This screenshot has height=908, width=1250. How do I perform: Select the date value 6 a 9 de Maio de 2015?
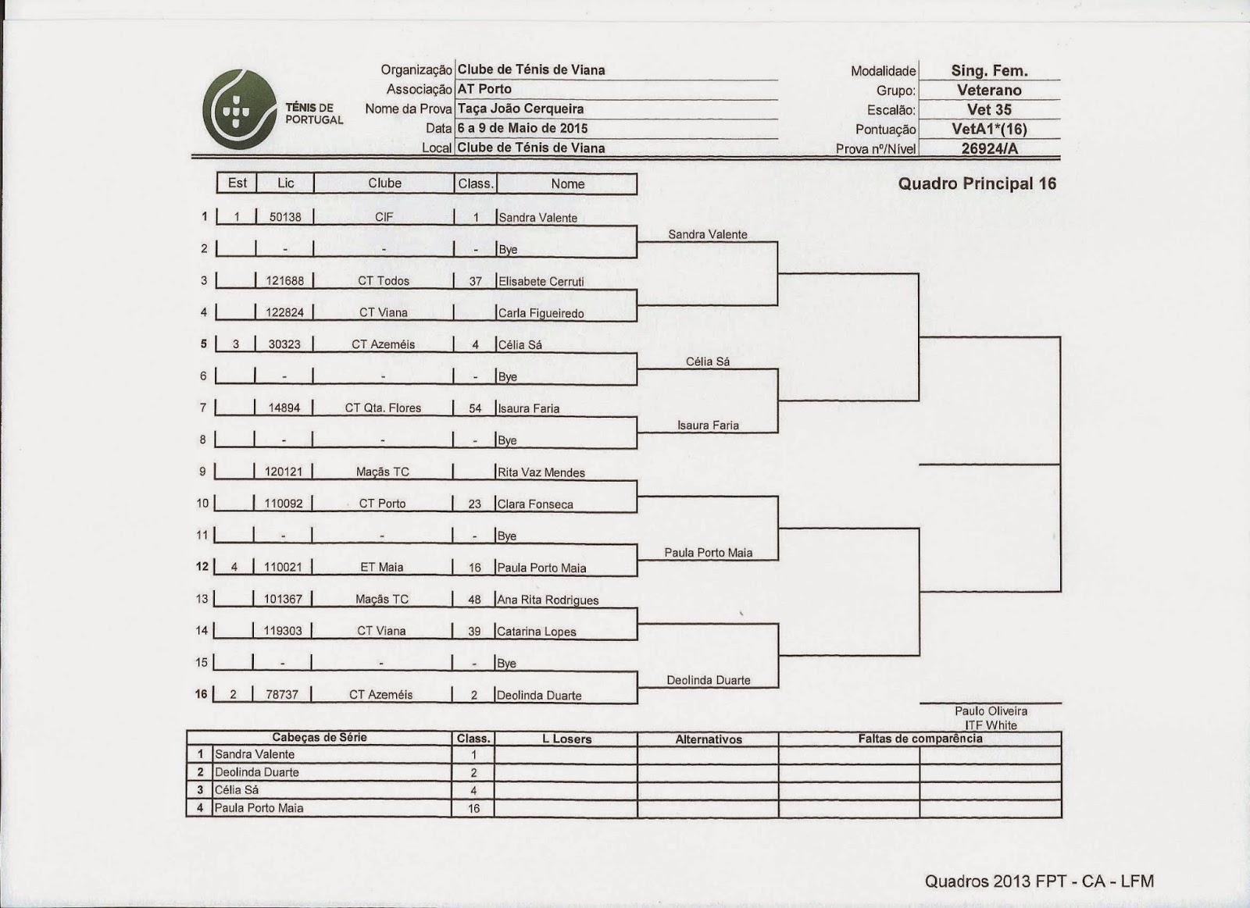(523, 128)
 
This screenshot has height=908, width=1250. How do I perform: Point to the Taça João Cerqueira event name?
(520, 109)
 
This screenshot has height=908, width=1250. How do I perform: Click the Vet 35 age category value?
(989, 109)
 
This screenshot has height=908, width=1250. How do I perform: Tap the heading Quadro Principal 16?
(977, 183)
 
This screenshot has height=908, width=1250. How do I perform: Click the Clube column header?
(384, 183)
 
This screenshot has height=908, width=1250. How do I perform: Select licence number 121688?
(284, 281)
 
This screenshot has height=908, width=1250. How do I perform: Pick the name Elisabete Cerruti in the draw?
(541, 282)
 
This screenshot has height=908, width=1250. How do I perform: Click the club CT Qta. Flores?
(383, 408)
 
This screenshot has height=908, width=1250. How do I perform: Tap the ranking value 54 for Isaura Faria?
(475, 408)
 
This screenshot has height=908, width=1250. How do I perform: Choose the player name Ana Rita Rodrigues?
(548, 600)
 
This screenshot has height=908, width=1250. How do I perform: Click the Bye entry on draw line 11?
(507, 536)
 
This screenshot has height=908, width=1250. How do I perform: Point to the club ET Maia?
(381, 568)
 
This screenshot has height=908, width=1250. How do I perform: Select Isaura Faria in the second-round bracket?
(708, 426)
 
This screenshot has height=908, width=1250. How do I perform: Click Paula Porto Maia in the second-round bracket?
(708, 553)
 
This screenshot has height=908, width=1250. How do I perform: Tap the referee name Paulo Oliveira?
(991, 711)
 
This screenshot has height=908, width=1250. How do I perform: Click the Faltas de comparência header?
(920, 739)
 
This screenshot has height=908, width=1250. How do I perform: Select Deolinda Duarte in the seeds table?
(257, 772)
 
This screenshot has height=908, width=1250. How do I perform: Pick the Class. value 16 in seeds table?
(473, 808)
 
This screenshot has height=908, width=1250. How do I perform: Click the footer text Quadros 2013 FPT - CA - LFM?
(1039, 881)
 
